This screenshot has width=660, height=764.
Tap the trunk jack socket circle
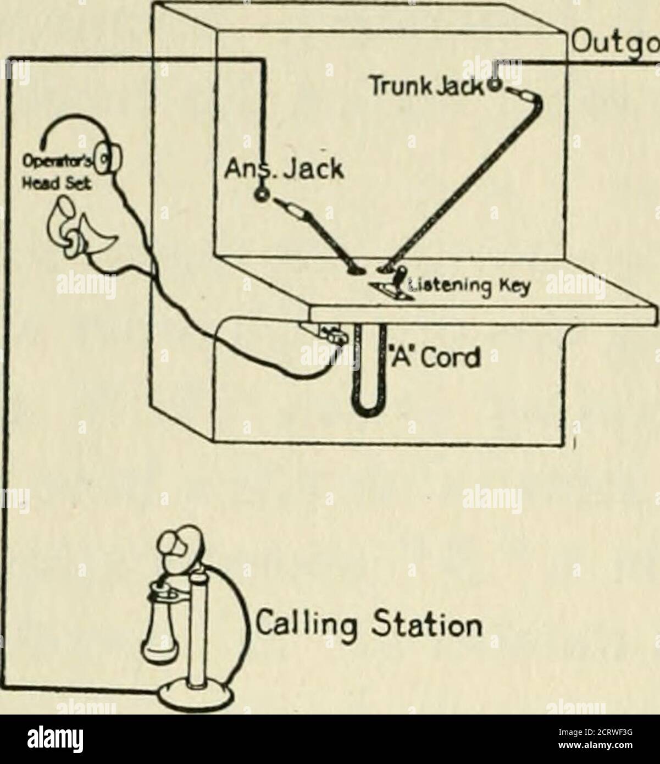pyautogui.click(x=494, y=85)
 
